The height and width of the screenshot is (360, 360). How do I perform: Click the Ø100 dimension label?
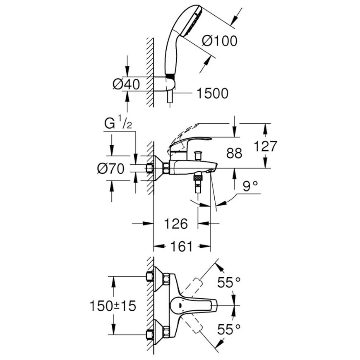219,41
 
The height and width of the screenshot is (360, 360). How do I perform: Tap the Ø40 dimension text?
126,84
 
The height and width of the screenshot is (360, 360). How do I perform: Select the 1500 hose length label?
213,94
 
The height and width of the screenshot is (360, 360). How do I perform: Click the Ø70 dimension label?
110,169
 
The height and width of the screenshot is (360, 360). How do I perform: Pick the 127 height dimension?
266,146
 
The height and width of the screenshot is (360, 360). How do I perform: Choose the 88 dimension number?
234,153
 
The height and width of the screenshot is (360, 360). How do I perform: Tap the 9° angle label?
250,186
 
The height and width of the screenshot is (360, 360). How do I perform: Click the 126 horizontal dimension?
176,223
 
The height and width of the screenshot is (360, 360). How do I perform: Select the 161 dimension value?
182,247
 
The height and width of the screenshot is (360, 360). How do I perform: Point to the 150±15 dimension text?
113,306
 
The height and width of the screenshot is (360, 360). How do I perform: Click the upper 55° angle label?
229,282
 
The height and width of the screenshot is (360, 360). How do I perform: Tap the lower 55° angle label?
229,329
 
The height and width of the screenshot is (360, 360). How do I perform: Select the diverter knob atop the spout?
197,155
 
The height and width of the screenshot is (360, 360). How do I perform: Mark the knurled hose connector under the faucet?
198,178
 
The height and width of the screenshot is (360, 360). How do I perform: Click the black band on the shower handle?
170,77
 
